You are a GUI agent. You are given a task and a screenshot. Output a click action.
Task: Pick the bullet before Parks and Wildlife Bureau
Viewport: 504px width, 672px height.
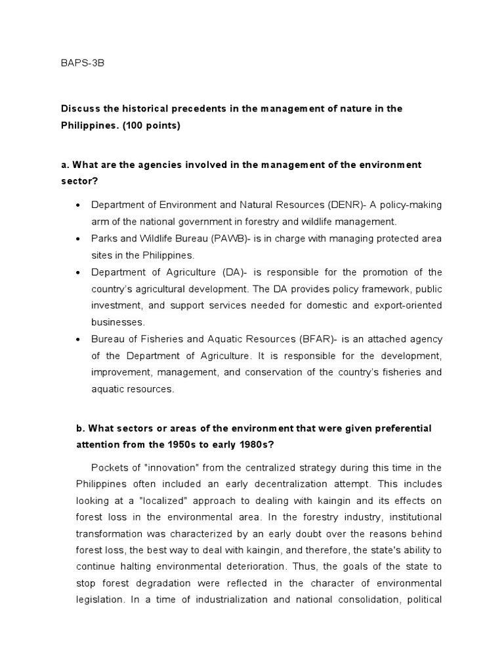coord(78,239)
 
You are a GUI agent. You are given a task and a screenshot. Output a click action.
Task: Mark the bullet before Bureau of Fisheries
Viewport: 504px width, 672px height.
coord(78,339)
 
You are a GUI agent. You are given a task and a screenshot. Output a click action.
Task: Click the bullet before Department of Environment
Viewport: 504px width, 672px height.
coord(78,205)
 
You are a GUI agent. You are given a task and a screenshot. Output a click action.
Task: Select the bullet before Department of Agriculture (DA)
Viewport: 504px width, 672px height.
coord(78,272)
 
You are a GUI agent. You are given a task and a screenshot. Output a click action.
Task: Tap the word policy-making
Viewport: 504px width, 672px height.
coord(411,205)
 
